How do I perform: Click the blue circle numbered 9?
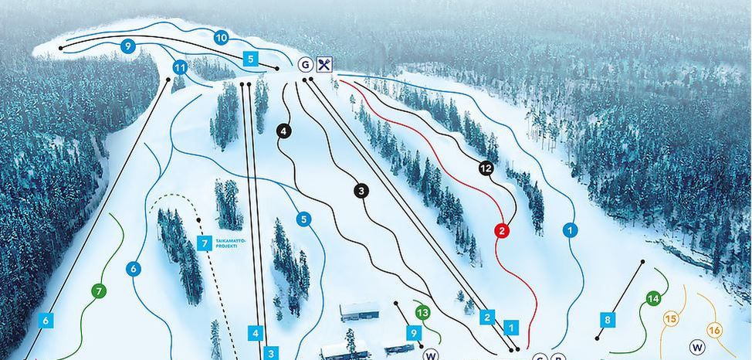coord(127,46)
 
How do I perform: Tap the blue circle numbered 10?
coord(221,37)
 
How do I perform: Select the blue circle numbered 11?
coord(180,68)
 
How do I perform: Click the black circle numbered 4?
coord(284,131)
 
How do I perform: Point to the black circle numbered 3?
coord(362,190)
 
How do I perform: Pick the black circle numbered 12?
coord(485,168)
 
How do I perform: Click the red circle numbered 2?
coord(502,229)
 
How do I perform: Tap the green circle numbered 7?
coord(99,291)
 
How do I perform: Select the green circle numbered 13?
coord(422,313)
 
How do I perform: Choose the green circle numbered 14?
coord(653,299)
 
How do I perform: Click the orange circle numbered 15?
coord(670,318)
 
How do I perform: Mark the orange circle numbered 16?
coord(714,331)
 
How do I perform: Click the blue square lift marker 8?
coord(608,319)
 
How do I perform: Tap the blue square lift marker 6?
coord(46,319)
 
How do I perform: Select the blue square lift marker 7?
coord(205,244)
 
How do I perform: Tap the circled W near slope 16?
coord(697,347)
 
